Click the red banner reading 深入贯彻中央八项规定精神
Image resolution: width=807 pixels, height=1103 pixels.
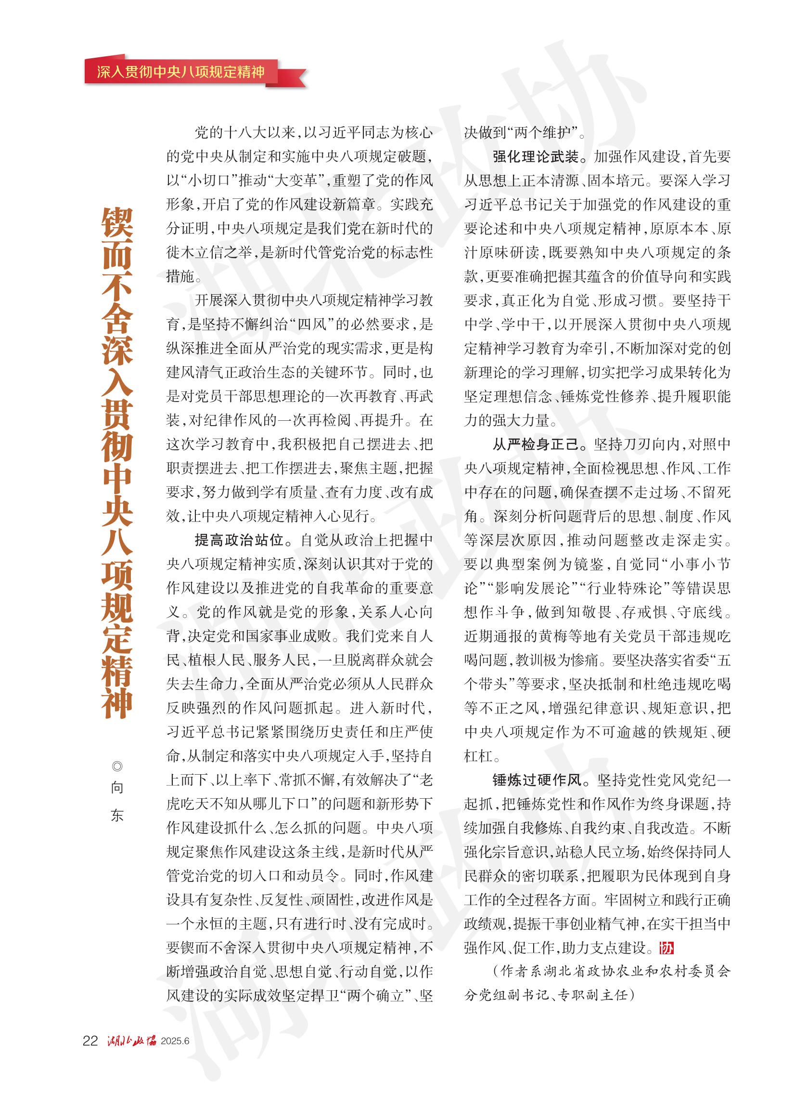pyautogui.click(x=181, y=72)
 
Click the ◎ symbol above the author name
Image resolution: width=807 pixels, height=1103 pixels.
pyautogui.click(x=117, y=766)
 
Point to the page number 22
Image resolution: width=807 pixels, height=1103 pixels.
pyautogui.click(x=90, y=1040)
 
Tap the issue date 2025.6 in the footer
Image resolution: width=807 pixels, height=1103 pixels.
pyautogui.click(x=175, y=1041)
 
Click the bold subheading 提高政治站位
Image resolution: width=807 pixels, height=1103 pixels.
pyautogui.click(x=239, y=540)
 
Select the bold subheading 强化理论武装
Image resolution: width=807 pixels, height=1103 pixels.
pyautogui.click(x=536, y=156)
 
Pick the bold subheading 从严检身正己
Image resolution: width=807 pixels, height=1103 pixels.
pyautogui.click(x=536, y=444)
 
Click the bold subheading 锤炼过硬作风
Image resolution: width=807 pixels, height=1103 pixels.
pyautogui.click(x=537, y=780)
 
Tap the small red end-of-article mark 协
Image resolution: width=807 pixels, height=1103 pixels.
pyautogui.click(x=666, y=948)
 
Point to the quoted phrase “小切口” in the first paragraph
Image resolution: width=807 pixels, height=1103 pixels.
pyautogui.click(x=208, y=181)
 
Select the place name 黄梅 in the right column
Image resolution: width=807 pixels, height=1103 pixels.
pyautogui.click(x=553, y=636)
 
